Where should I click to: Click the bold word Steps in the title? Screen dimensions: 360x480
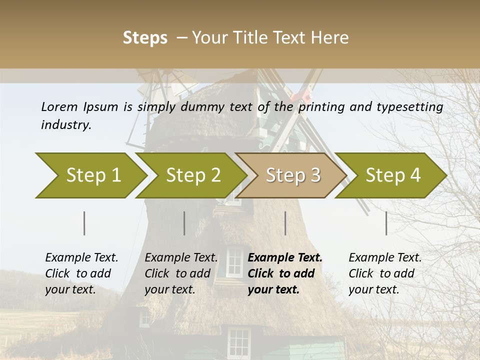(145, 38)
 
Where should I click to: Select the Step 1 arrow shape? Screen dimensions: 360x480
(90, 175)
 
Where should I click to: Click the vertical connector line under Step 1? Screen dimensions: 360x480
(84, 223)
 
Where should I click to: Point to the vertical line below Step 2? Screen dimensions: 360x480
(184, 223)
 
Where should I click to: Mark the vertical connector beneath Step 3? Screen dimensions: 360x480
(285, 223)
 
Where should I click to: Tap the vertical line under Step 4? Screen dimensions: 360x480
(386, 223)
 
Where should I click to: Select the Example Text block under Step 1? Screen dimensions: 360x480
(81, 273)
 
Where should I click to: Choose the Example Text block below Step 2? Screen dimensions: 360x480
(181, 273)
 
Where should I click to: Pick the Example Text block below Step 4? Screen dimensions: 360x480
(385, 273)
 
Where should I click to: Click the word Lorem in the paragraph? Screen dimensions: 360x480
(59, 106)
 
